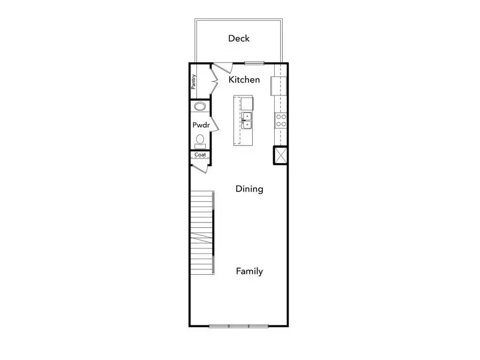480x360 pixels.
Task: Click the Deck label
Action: (x=239, y=38)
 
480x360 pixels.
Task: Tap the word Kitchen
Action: (x=244, y=80)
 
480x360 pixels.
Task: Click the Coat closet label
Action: (x=200, y=155)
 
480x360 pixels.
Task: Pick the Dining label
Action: (x=250, y=189)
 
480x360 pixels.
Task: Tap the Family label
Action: (x=250, y=271)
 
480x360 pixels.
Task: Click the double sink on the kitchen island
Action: (x=247, y=121)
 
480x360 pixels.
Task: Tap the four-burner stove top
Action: (x=281, y=120)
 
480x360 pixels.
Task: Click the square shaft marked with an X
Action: (x=280, y=155)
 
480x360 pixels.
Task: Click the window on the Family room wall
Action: (x=238, y=326)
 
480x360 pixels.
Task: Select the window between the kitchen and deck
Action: (x=254, y=63)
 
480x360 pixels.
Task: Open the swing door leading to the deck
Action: (x=222, y=68)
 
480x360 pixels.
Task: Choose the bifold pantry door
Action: (x=214, y=84)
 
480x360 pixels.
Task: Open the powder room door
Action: (x=214, y=125)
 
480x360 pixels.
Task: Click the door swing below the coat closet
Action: (x=201, y=167)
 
